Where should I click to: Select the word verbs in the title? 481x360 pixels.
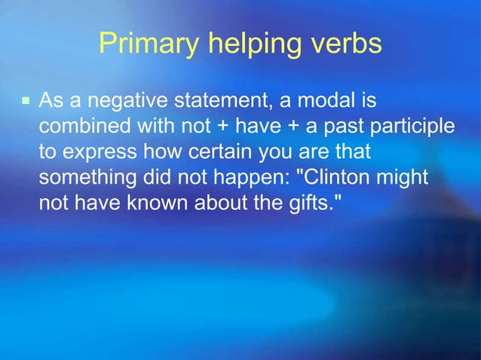click(x=345, y=44)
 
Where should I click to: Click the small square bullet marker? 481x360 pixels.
click(x=25, y=99)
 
